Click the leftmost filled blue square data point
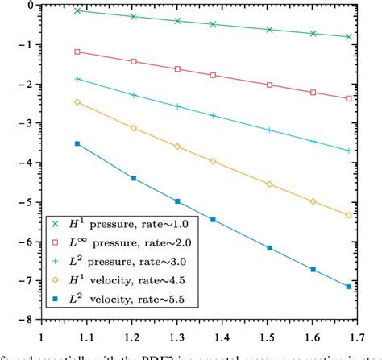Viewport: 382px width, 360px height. (x=77, y=143)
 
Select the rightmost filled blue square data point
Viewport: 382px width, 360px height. (x=348, y=287)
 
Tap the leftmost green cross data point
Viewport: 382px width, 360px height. (x=77, y=10)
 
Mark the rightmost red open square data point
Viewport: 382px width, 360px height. (x=348, y=98)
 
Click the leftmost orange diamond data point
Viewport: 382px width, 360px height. (x=77, y=102)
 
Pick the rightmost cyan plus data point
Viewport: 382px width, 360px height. (x=348, y=151)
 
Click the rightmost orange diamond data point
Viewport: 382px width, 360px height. (x=348, y=215)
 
